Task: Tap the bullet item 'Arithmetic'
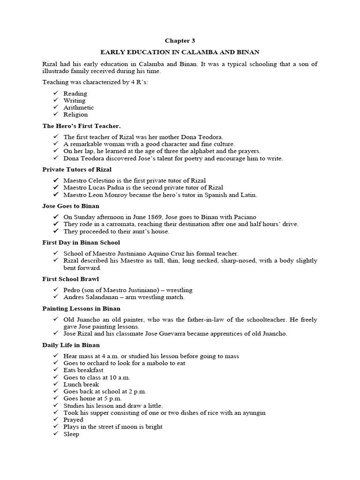79,107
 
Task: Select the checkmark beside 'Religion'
55,114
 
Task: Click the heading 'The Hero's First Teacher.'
82,126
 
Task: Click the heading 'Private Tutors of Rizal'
77,169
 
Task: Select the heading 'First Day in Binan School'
81,242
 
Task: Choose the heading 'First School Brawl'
71,279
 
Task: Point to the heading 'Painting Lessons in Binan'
82,308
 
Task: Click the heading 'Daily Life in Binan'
71,345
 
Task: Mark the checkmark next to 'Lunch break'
55,384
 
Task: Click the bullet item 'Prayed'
73,420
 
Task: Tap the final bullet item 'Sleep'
71,434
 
